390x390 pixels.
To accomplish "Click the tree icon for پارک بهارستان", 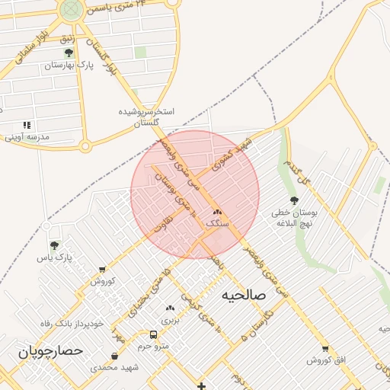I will (69, 53).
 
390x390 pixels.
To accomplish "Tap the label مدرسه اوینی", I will (27, 137).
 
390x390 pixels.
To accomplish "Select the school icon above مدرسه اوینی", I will (27, 124).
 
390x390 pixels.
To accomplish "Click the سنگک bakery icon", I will (217, 213).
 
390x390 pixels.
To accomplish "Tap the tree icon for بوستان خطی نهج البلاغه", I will (294, 200).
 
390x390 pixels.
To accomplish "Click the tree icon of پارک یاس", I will (54, 245).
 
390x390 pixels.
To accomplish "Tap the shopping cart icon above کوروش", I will (102, 269).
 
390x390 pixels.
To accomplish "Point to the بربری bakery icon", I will (170, 308).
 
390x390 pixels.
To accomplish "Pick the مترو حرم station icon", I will (154, 334).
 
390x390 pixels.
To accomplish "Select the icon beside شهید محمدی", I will (114, 356).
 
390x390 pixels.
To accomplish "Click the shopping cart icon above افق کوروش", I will (326, 349).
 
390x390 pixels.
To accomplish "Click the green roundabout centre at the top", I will (72, 9).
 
